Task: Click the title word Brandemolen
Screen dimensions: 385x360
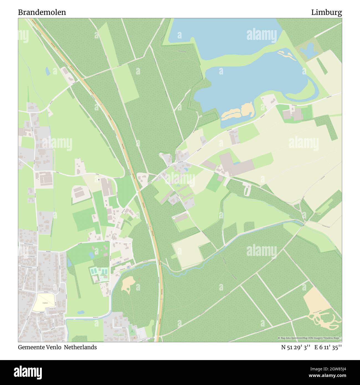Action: pos(42,12)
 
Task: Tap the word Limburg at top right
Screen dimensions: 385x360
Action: pos(326,12)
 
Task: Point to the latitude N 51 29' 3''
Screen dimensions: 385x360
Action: pos(296,347)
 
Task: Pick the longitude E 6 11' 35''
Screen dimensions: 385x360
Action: pos(328,347)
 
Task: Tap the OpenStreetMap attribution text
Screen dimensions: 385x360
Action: pos(310,338)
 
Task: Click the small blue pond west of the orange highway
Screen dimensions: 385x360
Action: pos(48,71)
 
